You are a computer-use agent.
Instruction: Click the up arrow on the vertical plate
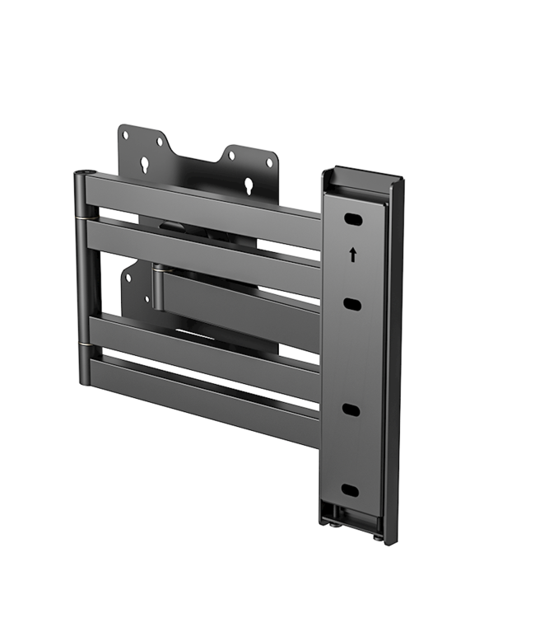[x=353, y=255]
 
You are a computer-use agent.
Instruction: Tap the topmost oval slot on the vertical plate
[x=351, y=220]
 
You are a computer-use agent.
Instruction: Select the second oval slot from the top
[x=351, y=305]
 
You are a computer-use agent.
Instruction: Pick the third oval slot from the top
[x=351, y=410]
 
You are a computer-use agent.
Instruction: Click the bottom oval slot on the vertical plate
[x=350, y=490]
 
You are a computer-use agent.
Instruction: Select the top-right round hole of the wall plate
[x=269, y=162]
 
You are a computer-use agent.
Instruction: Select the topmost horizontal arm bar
[x=206, y=204]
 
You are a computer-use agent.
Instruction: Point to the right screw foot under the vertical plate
[x=377, y=535]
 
